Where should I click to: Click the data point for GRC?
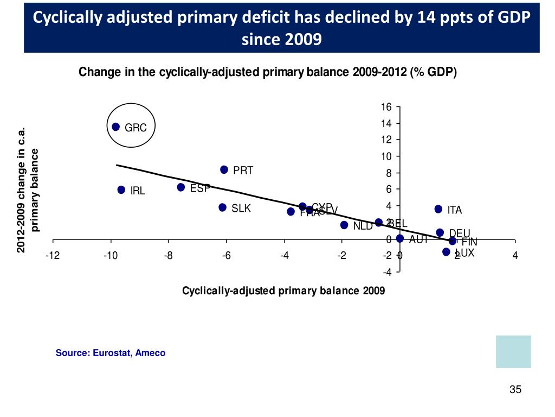(115, 127)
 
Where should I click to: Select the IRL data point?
(121, 190)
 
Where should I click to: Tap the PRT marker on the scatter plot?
(224, 170)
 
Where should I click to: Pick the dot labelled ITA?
(438, 209)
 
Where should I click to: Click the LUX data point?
(446, 252)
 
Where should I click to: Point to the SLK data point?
(222, 207)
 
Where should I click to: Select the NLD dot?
(344, 225)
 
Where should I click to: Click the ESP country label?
(200, 188)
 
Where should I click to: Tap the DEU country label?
(459, 233)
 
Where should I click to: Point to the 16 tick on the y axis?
(386, 107)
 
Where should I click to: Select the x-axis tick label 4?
(515, 256)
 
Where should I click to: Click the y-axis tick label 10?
(386, 157)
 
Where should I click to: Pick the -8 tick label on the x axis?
(168, 256)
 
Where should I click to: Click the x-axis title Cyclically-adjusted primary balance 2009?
(283, 291)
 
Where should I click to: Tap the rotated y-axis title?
(29, 190)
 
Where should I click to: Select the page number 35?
(515, 389)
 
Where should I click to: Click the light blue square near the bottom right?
(513, 351)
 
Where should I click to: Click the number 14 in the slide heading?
(427, 18)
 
